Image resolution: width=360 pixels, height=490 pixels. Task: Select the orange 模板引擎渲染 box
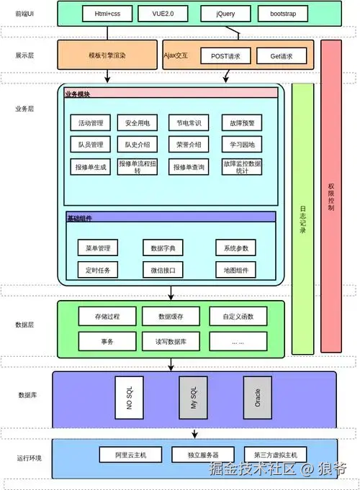tap(107, 55)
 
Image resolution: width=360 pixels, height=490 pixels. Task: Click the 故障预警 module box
tap(241, 123)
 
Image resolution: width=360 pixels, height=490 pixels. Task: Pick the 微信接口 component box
tap(163, 270)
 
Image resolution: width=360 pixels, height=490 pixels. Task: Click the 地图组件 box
tap(235, 270)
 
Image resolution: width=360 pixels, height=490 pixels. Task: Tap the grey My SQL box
tap(193, 397)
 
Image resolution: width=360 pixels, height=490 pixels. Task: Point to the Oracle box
tap(257, 397)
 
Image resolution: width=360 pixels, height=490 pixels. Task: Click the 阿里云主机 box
tap(130, 455)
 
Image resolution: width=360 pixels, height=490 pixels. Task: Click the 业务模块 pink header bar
tap(171, 93)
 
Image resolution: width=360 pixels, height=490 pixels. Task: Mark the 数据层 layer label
tap(24, 325)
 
